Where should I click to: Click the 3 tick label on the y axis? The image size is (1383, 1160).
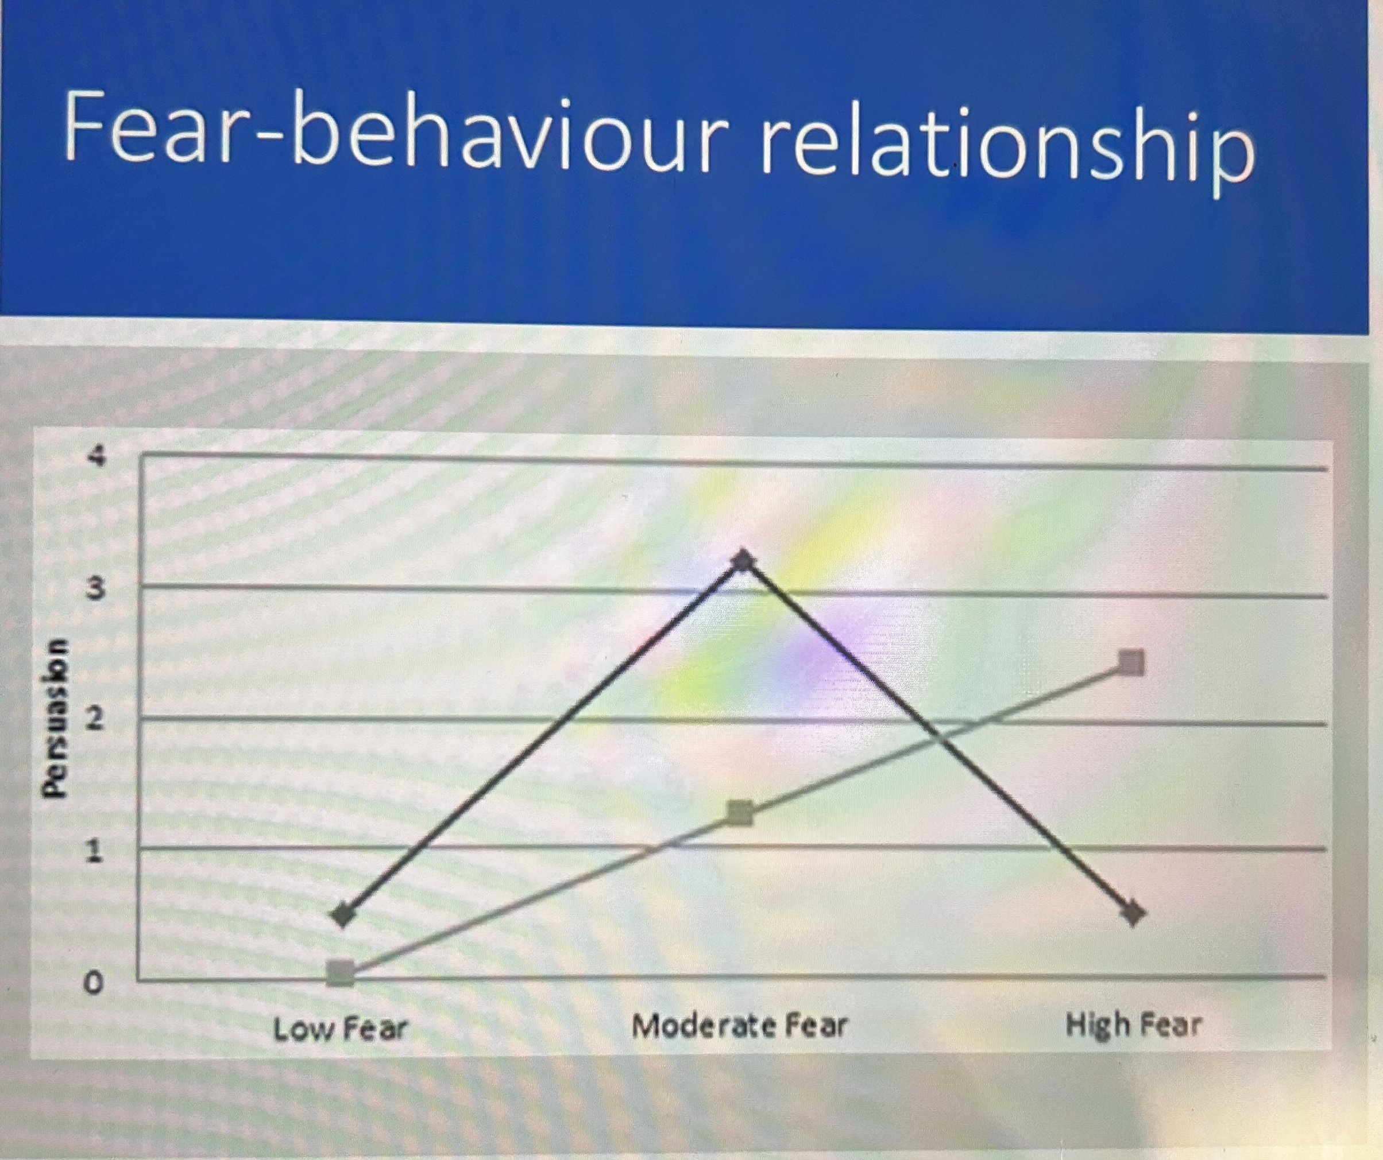[96, 590]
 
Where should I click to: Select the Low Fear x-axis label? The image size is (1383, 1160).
[340, 1029]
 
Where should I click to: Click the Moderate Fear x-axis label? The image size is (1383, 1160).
[739, 1026]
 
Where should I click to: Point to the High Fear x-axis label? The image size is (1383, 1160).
[1133, 1025]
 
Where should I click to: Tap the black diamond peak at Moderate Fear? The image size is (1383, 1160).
[743, 561]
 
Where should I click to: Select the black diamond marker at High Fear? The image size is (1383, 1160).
[1133, 914]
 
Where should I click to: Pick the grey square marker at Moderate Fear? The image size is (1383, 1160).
[741, 814]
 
